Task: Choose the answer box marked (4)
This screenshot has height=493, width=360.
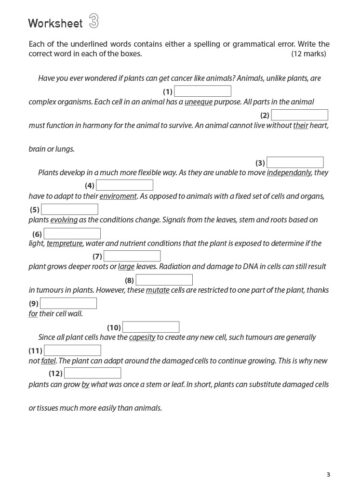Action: tap(126, 185)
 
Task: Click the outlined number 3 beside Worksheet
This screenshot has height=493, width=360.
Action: tap(93, 20)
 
